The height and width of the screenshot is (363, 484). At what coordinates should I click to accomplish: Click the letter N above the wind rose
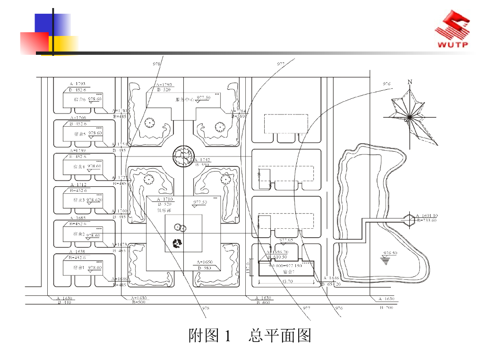coord(410,82)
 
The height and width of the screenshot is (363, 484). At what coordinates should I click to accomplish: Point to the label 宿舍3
coord(78,200)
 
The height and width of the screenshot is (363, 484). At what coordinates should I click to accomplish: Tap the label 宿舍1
coord(78,268)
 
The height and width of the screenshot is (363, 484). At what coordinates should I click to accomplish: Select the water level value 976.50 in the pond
coord(390,253)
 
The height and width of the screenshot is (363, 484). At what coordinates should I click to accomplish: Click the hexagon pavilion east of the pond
coord(409,218)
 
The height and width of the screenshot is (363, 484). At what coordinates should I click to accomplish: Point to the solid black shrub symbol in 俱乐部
coord(178,244)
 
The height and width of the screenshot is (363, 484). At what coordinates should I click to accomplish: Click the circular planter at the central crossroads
coord(183,157)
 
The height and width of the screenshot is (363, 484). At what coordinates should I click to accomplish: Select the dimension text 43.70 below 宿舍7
coord(287,282)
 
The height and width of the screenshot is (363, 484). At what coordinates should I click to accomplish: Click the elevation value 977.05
coord(287,240)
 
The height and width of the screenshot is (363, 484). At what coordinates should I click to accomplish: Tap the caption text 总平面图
coord(280,336)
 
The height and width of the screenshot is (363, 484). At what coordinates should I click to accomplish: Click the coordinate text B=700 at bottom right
coord(386,308)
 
